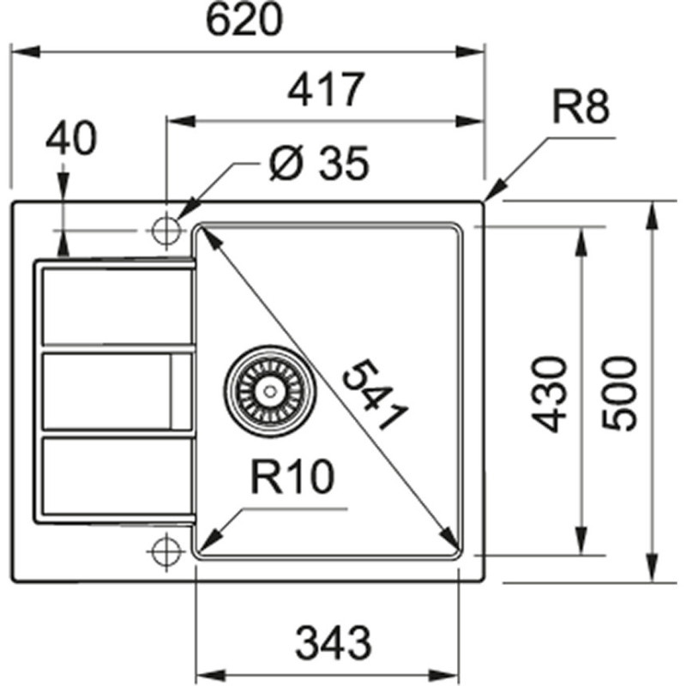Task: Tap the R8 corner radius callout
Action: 581,109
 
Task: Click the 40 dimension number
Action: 70,139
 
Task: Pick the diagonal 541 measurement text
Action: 372,395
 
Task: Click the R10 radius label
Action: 292,480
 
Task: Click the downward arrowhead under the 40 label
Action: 63,246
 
